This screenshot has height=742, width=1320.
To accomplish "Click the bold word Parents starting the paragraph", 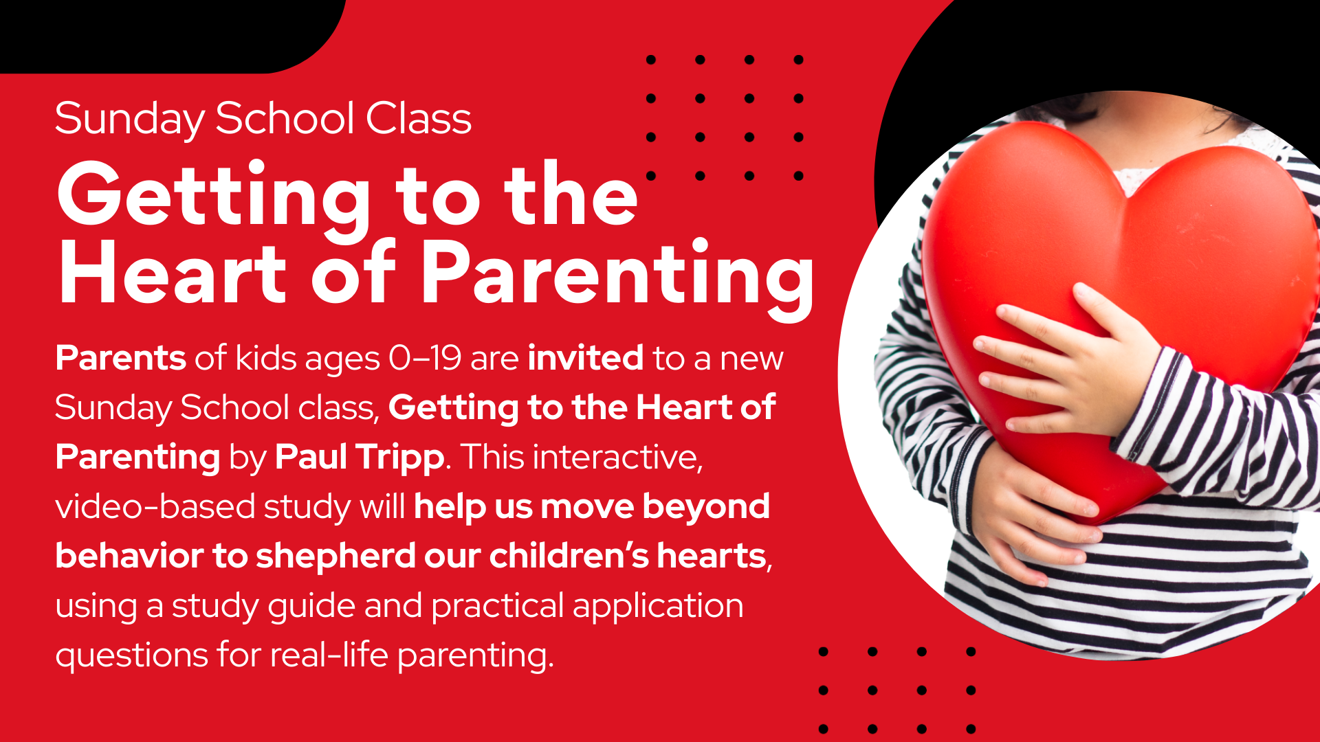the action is pyautogui.click(x=120, y=358).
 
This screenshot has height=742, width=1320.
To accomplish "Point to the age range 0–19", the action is pyautogui.click(x=425, y=358).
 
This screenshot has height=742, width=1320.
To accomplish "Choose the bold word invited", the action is pyautogui.click(x=586, y=358).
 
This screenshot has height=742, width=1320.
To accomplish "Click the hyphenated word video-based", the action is pyautogui.click(x=155, y=507).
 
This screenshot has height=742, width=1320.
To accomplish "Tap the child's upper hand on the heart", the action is pyautogui.click(x=1072, y=371).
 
